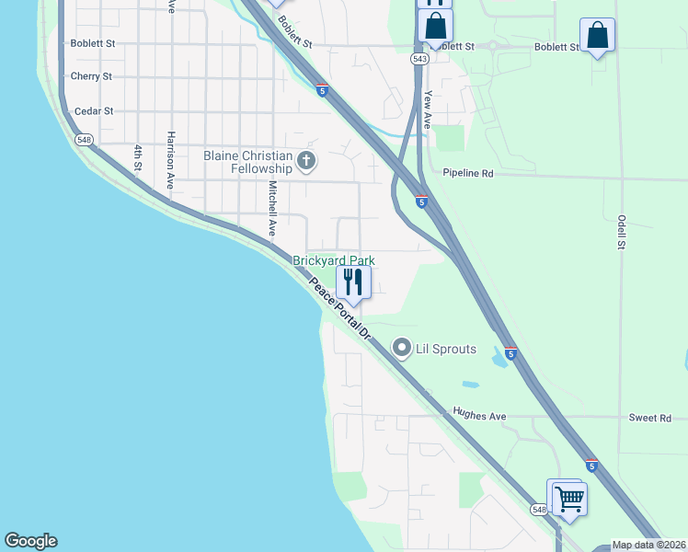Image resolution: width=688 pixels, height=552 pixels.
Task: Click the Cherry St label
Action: coord(91,76)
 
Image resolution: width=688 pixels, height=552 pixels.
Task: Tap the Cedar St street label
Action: coord(94,111)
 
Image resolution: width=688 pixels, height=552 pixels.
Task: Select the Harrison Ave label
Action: coord(170,160)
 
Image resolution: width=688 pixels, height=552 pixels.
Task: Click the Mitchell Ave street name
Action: coord(272,208)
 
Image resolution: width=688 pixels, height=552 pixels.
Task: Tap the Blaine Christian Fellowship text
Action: coord(247,162)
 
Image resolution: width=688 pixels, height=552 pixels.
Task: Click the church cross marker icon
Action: coord(306,163)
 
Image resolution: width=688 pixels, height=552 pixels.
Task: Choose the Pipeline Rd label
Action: coord(468,173)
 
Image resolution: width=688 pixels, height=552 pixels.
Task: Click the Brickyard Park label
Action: coord(334,261)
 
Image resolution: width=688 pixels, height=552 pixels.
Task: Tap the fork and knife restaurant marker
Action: coord(353,280)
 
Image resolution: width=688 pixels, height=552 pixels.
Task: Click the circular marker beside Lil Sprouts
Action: coord(401,348)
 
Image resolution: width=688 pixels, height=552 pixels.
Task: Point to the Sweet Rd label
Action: coord(650,418)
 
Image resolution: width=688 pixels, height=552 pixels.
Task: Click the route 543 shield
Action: coord(420,58)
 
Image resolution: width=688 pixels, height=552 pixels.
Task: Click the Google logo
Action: coord(30,541)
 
